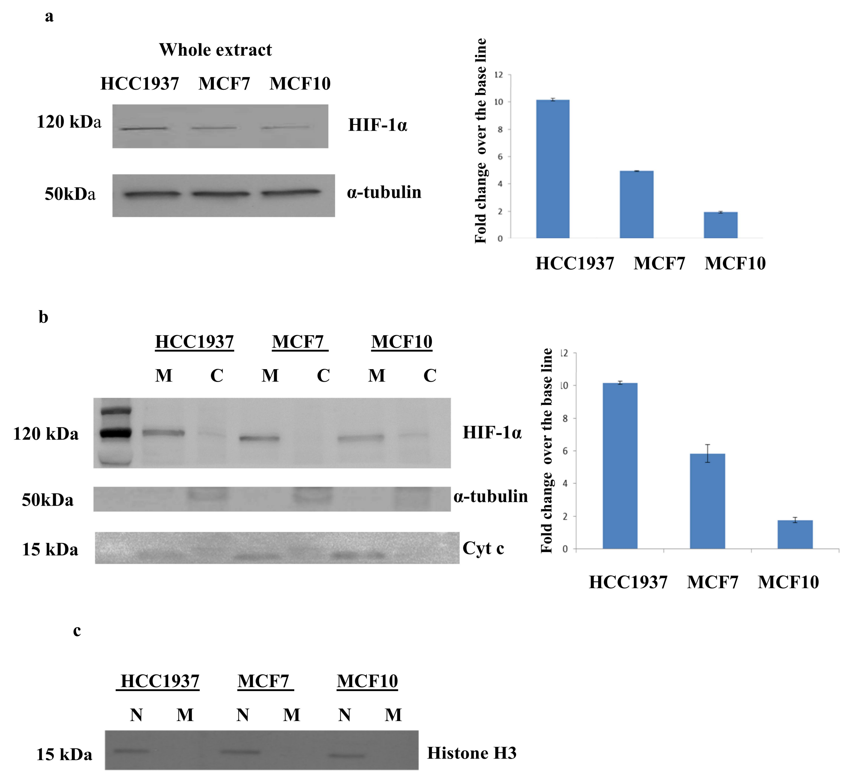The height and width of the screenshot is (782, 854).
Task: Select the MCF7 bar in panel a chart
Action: click(x=636, y=204)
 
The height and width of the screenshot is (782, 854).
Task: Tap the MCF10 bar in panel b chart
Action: click(x=795, y=535)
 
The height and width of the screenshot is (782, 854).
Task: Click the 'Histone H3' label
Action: click(x=472, y=753)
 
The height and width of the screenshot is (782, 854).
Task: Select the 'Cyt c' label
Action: click(x=483, y=548)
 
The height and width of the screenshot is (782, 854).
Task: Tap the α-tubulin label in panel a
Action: click(x=384, y=192)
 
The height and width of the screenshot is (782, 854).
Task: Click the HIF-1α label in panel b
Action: click(x=492, y=433)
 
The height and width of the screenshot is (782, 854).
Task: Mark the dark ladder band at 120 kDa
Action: click(x=116, y=433)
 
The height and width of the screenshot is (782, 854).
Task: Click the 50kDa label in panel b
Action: click(x=47, y=500)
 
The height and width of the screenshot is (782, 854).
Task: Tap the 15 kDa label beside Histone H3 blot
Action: click(x=64, y=754)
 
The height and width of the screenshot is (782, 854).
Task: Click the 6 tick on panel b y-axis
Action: click(x=564, y=451)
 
